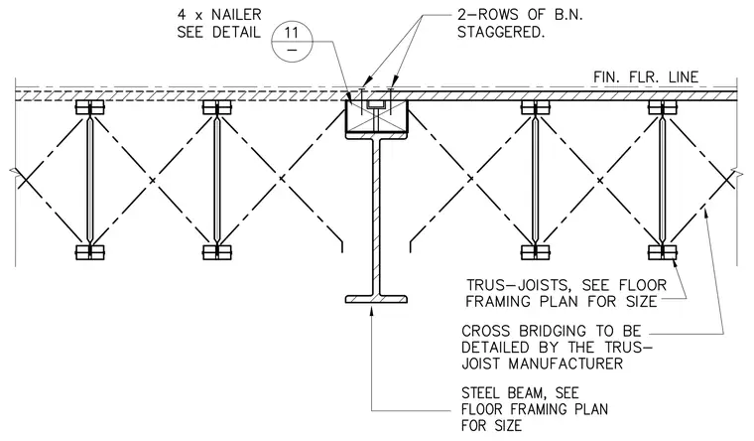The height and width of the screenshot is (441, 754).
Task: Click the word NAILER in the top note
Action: click(x=237, y=15)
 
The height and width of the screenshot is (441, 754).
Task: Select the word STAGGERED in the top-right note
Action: click(x=501, y=32)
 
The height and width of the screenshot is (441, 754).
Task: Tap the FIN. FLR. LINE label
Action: click(x=646, y=77)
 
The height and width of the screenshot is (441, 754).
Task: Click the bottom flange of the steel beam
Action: click(x=376, y=299)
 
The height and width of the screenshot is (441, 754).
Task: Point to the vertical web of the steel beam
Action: click(x=376, y=218)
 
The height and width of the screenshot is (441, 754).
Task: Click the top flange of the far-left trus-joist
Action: click(x=90, y=107)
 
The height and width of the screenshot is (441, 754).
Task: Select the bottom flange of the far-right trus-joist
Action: click(x=662, y=252)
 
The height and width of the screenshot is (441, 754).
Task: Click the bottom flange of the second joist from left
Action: click(x=217, y=252)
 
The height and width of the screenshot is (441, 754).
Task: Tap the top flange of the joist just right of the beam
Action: click(x=535, y=107)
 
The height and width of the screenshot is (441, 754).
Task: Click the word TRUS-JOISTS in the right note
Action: click(x=519, y=285)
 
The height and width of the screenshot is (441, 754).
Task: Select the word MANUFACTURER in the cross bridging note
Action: click(x=565, y=364)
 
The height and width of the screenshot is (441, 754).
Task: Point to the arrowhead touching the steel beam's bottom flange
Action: click(x=371, y=309)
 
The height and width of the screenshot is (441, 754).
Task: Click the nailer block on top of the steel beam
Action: click(x=377, y=116)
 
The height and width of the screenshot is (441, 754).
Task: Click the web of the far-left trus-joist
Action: click(x=90, y=180)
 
